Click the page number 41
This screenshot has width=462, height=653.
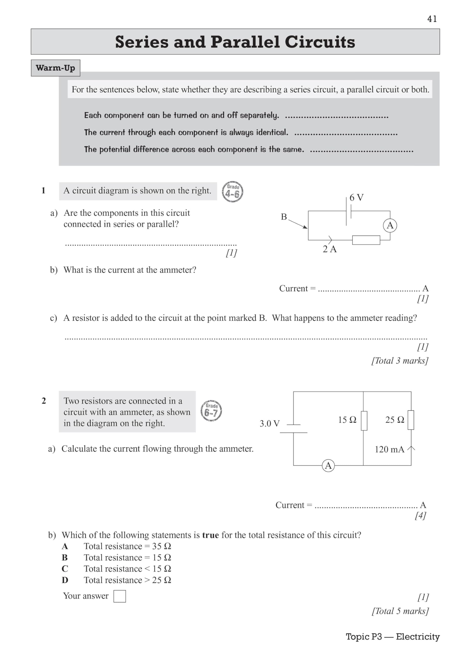point(432,19)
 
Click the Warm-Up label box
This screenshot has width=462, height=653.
point(55,68)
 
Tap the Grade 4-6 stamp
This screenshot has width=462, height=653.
point(232,192)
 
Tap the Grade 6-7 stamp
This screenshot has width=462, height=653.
point(211,411)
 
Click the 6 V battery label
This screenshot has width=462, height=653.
point(356,197)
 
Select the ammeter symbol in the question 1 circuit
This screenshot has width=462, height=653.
point(390,225)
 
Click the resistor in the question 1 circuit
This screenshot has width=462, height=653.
point(366,240)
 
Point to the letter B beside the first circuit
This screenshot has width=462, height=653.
point(284,217)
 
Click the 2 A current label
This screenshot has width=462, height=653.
point(329,249)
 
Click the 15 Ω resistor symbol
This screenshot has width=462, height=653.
point(364,421)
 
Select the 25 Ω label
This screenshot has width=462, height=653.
point(395,420)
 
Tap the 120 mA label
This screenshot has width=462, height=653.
point(389,449)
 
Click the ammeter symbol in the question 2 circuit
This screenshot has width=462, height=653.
point(328,466)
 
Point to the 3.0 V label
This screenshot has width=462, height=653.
point(269,423)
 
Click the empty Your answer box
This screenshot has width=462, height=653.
point(119,596)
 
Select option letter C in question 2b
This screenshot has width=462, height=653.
point(65,569)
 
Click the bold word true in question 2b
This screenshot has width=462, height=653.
point(210,535)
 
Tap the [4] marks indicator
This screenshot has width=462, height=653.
point(420,515)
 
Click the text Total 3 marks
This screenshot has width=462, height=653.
point(400,361)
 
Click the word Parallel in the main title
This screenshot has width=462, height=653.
point(245,42)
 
